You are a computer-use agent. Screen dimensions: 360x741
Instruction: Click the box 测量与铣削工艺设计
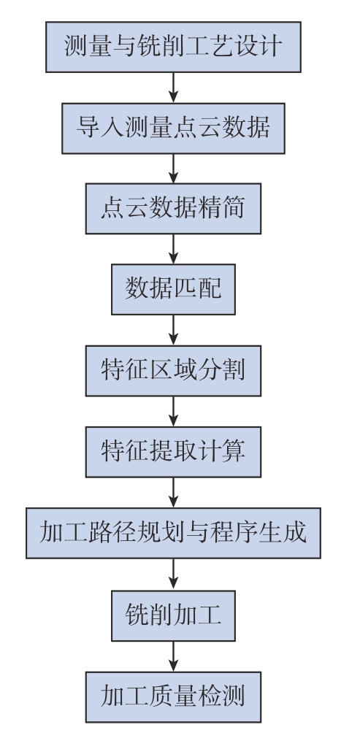[x=173, y=47]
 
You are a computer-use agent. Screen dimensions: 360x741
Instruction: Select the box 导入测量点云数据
[x=173, y=128]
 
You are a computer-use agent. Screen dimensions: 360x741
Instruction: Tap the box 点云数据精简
[x=173, y=208]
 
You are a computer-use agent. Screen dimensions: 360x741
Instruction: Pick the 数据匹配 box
[x=173, y=289]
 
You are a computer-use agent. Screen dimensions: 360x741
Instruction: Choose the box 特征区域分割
[x=173, y=371]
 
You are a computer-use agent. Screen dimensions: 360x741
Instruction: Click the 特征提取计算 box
[x=173, y=452]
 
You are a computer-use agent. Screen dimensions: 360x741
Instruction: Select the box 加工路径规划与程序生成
[x=173, y=533]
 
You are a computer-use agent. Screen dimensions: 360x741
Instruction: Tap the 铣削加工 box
[x=173, y=615]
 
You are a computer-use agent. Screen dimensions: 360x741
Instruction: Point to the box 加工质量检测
[x=173, y=696]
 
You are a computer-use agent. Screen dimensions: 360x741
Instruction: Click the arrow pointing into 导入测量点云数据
[x=173, y=88]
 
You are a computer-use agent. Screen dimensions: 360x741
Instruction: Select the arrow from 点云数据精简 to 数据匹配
[x=173, y=249]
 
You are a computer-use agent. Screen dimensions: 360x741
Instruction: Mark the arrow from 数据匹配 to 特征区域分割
[x=173, y=330]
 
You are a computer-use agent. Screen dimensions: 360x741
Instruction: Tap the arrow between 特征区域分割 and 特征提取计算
[x=173, y=411]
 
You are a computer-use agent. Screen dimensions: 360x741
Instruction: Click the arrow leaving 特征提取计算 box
[x=173, y=493]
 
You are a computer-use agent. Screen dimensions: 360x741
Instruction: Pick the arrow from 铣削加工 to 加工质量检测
[x=173, y=656]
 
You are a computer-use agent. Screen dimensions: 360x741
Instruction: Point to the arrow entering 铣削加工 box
[x=173, y=574]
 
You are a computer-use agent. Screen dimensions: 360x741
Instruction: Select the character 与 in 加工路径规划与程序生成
[x=198, y=533]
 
